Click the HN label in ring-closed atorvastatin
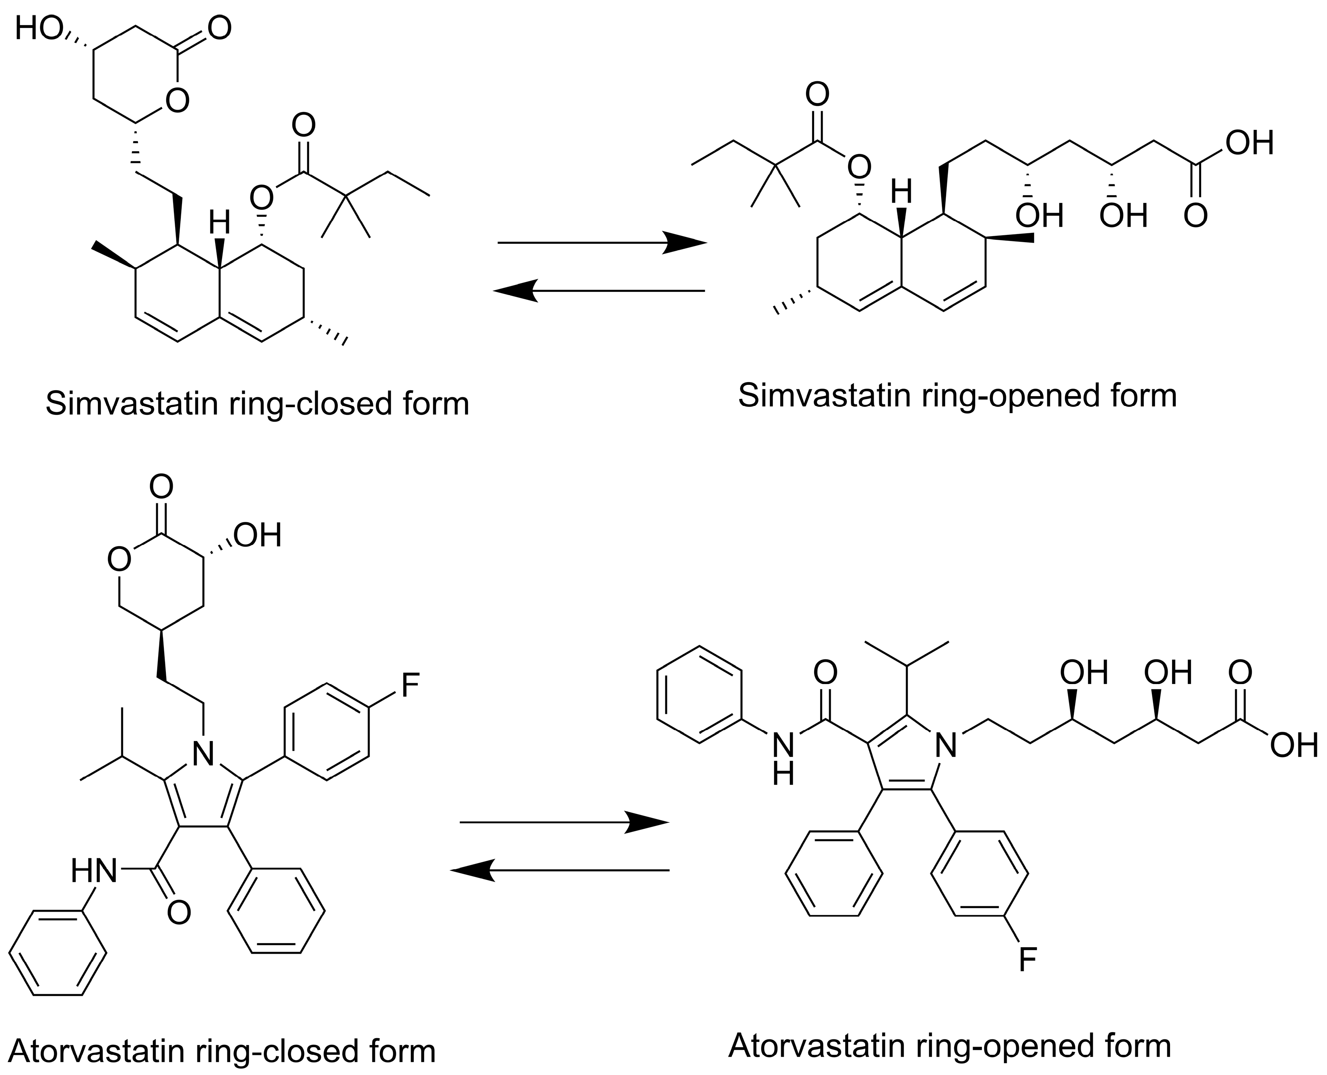pyautogui.click(x=93, y=871)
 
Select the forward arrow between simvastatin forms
pyautogui.click(x=601, y=243)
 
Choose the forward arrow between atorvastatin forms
pyautogui.click(x=564, y=822)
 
